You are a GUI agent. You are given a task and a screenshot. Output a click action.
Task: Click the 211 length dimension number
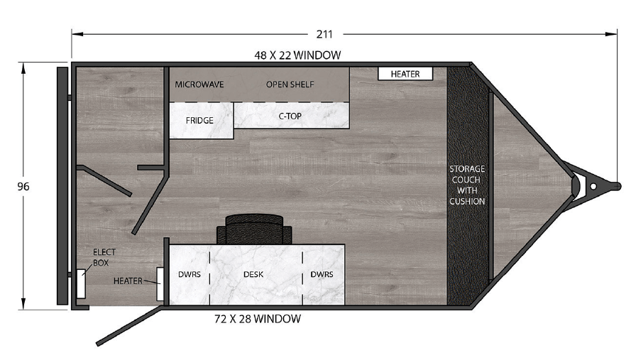point(324,34)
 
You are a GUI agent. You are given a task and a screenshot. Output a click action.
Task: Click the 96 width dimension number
point(23,187)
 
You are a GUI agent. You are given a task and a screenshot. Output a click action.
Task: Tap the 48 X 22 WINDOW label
point(297,55)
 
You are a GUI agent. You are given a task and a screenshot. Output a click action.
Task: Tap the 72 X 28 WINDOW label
point(258,319)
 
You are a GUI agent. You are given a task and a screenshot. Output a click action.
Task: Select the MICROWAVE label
point(199,84)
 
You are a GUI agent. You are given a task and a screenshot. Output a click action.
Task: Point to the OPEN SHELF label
point(290,84)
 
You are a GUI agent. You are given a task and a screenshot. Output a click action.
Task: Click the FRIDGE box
point(201,121)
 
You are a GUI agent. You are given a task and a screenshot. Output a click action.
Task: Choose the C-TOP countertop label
point(290,116)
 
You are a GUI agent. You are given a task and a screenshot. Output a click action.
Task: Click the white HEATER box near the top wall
point(405,74)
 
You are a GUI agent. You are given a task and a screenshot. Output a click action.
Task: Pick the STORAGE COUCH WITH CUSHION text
point(467,185)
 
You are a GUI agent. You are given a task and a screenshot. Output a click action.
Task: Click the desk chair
point(254,229)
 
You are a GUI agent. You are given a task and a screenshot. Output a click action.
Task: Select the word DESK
point(253,274)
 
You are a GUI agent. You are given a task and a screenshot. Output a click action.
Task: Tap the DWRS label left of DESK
point(189,274)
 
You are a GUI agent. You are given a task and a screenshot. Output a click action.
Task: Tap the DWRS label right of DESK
point(322,274)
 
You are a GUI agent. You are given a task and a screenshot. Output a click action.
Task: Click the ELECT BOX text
point(104,257)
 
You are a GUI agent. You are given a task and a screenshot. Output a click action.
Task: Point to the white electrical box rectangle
point(81,283)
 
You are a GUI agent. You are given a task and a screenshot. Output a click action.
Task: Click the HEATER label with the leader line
point(128,280)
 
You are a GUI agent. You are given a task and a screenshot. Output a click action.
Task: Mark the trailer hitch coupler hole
point(593,187)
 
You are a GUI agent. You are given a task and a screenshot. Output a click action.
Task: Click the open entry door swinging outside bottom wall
point(131,326)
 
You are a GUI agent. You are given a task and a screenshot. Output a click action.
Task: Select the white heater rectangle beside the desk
point(160,284)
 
